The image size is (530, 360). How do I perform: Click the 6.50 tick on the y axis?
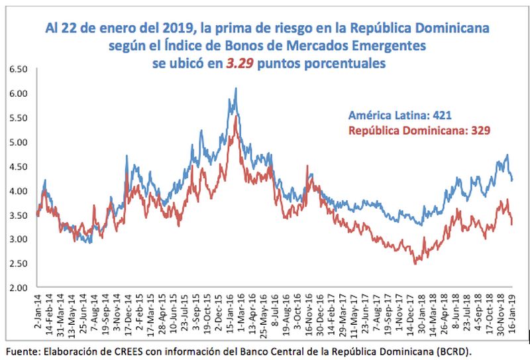pyautogui.click(x=15, y=69)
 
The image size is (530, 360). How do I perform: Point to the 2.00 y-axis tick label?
pyautogui.click(x=15, y=288)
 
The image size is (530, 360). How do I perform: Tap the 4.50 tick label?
pyautogui.click(x=15, y=166)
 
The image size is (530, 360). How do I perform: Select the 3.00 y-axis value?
pyautogui.click(x=15, y=239)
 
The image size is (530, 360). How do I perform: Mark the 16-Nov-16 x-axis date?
pyautogui.click(x=309, y=314)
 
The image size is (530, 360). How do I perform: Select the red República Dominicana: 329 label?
pyautogui.click(x=419, y=131)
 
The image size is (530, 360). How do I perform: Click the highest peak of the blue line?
pyautogui.click(x=236, y=88)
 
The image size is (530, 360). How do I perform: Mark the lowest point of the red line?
pyautogui.click(x=415, y=264)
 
